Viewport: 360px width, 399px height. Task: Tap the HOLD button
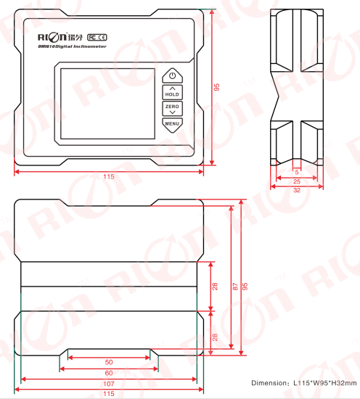coord(172,92)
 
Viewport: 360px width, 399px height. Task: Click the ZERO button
coord(172,109)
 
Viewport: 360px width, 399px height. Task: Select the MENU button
coord(172,123)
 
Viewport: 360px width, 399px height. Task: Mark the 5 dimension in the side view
coord(297,172)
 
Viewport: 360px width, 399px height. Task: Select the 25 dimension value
coord(297,181)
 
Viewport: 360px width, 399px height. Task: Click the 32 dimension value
coord(297,190)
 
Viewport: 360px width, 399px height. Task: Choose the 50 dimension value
coord(109,362)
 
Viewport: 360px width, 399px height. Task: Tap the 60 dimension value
coord(109,372)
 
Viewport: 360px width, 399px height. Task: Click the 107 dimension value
coord(109,383)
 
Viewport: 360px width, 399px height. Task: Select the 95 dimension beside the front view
coord(216,87)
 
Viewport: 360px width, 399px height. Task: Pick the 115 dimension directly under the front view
coord(109,176)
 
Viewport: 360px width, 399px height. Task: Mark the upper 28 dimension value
coord(216,286)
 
